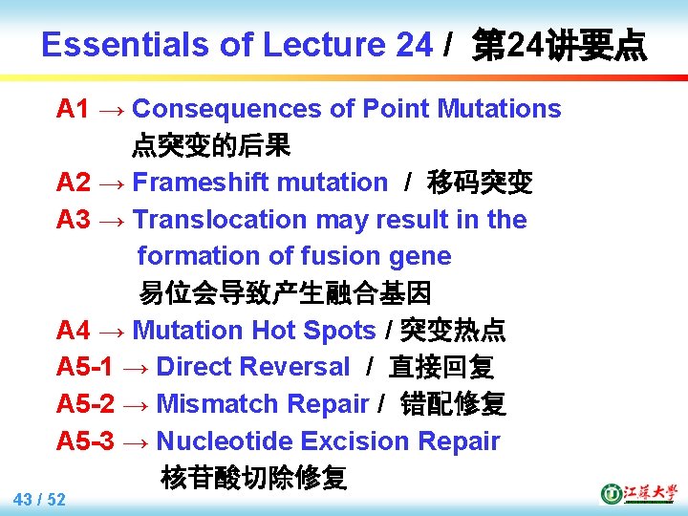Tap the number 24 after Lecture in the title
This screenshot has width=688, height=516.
413,45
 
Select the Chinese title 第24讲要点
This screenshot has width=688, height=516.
560,45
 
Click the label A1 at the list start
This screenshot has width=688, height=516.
74,109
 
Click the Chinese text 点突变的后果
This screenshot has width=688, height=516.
211,145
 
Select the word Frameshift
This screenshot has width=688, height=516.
197,183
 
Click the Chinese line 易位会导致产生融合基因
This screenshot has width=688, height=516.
286,292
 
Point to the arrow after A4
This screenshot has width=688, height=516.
111,331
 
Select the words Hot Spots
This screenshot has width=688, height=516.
313,331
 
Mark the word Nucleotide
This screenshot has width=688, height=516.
224,441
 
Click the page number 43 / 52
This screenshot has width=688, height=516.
40,500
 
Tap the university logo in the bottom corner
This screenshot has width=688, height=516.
636,493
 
